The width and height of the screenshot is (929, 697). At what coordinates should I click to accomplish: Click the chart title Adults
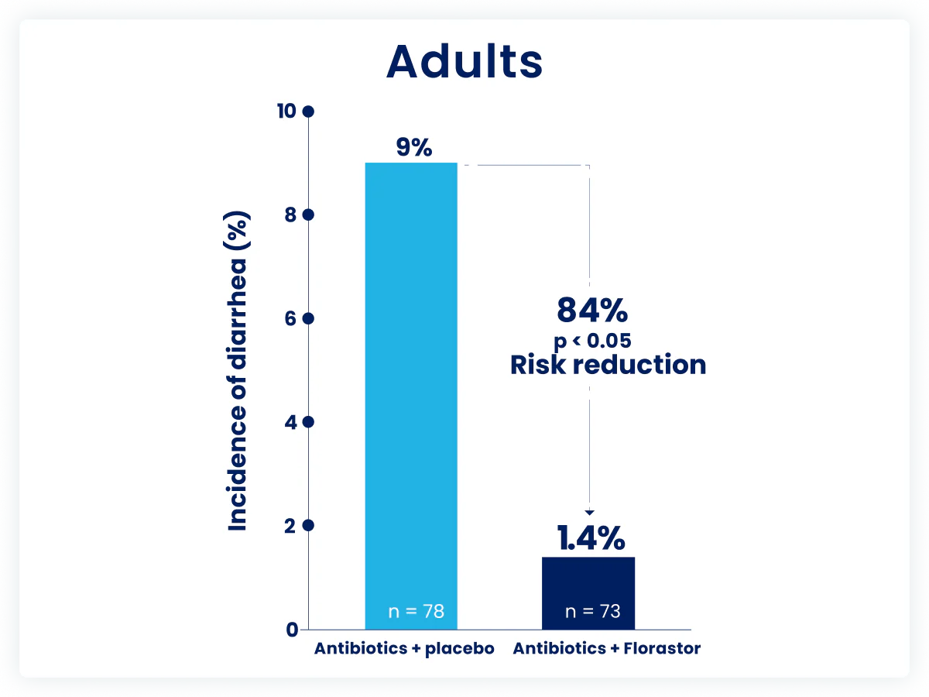pyautogui.click(x=464, y=61)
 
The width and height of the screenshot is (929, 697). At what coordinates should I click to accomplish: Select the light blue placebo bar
pyautogui.click(x=411, y=387)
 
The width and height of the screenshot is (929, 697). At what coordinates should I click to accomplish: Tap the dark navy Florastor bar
pyautogui.click(x=588, y=592)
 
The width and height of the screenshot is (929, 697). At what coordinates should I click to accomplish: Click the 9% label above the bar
pyautogui.click(x=410, y=147)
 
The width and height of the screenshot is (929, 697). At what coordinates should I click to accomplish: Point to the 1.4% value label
pyautogui.click(x=591, y=537)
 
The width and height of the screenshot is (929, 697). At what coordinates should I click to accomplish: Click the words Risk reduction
pyautogui.click(x=608, y=364)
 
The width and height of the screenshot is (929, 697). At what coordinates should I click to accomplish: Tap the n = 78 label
pyautogui.click(x=416, y=611)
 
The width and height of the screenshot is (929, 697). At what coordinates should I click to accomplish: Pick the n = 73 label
pyautogui.click(x=592, y=611)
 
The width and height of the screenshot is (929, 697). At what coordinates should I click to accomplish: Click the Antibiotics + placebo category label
pyautogui.click(x=403, y=649)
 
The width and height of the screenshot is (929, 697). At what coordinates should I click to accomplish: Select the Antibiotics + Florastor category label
pyautogui.click(x=606, y=649)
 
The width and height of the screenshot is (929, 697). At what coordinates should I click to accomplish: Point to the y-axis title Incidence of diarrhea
pyautogui.click(x=238, y=372)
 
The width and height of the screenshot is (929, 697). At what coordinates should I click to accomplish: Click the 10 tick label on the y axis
pyautogui.click(x=286, y=112)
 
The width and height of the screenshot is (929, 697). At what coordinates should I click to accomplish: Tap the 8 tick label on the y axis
pyautogui.click(x=290, y=215)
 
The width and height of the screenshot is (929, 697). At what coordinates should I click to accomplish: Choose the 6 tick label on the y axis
pyautogui.click(x=290, y=318)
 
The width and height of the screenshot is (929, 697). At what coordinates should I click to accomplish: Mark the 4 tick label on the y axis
pyautogui.click(x=290, y=422)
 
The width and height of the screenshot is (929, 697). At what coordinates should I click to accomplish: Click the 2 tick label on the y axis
pyautogui.click(x=290, y=525)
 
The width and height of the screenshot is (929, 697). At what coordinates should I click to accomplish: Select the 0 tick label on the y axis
pyautogui.click(x=291, y=630)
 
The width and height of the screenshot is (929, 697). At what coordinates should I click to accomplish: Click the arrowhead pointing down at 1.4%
pyautogui.click(x=590, y=511)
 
